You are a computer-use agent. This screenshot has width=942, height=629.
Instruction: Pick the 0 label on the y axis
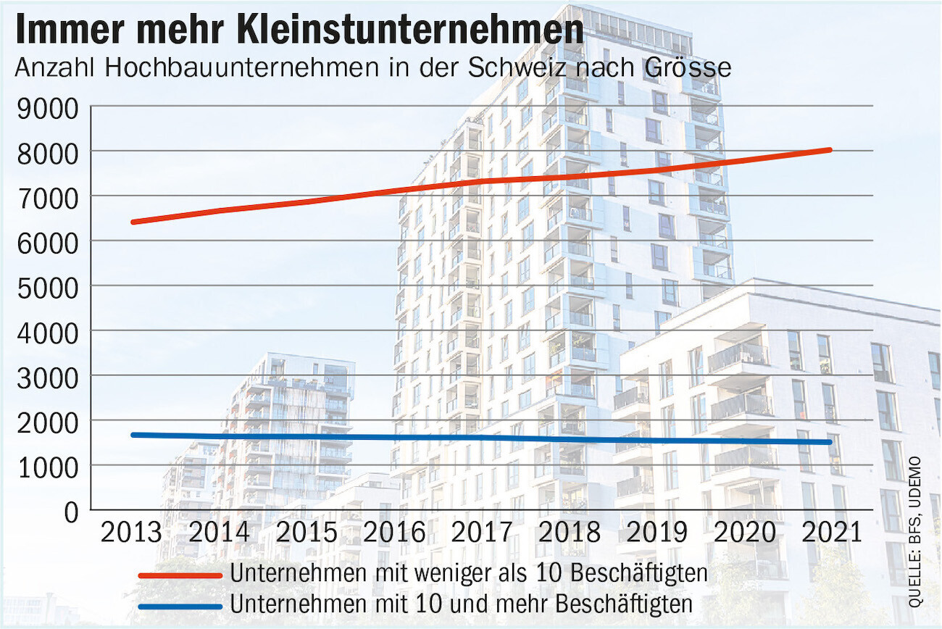70,511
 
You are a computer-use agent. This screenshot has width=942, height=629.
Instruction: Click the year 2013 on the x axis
131,533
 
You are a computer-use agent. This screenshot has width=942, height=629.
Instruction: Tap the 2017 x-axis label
482,533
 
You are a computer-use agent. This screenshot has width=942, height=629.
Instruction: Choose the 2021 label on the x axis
832,533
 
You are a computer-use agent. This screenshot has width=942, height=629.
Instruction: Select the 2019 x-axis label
657,533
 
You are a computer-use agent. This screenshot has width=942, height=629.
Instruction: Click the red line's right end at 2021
829,150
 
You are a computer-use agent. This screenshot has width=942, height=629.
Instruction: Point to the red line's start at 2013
133,222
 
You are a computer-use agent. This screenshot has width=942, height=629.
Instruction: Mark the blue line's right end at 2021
829,442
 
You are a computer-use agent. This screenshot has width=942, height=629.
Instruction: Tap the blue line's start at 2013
133,435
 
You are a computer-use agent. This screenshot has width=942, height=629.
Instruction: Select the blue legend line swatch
180,605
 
